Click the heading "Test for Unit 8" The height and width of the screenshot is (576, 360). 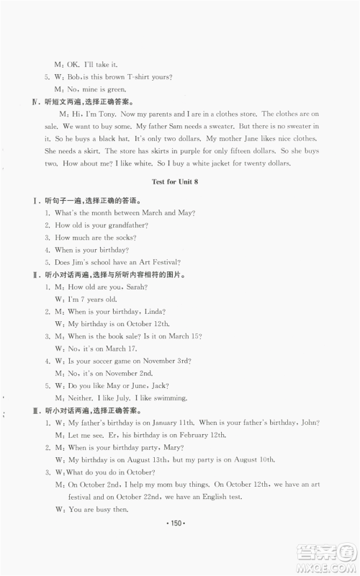180,181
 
